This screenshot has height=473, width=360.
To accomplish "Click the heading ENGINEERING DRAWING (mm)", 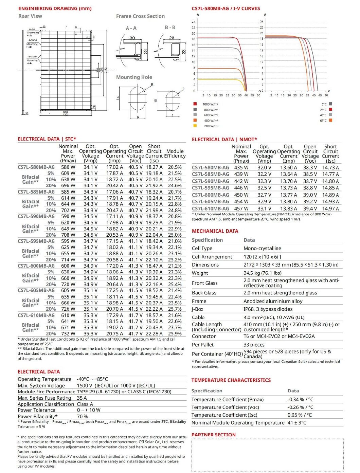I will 55,8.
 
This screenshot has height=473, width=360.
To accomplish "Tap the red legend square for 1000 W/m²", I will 195,104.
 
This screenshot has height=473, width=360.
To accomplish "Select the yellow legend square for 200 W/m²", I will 195,126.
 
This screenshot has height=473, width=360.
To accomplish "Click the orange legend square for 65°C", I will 330,120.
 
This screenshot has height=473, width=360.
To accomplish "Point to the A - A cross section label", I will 131,28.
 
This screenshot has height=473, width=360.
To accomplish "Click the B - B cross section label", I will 170,28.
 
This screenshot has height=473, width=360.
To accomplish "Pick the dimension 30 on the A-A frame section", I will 132,38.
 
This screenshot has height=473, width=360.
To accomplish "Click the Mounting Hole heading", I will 134,77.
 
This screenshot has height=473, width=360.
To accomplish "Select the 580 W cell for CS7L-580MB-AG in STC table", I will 68,167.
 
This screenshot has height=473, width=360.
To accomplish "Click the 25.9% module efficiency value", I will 175,334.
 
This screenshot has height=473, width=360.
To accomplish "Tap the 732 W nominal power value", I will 68,334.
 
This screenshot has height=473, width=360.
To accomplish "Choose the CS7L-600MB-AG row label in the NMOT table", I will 210,195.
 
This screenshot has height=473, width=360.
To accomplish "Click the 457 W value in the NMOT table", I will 241,208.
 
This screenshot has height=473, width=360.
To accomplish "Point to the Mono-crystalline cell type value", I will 262,248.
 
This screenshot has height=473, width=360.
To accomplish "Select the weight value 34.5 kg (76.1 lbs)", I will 262,273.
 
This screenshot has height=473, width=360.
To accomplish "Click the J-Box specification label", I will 198,309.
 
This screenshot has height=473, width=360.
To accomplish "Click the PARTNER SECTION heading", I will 213,435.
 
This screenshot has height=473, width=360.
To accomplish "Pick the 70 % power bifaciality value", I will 82,416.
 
